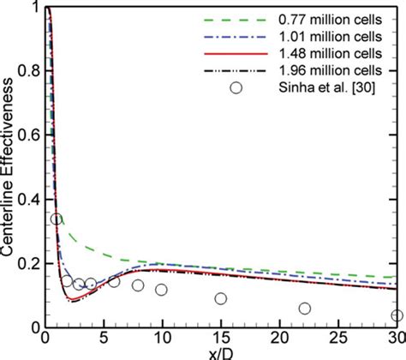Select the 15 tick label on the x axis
point(220,337)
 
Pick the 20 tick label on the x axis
point(279,337)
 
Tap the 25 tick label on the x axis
point(337,337)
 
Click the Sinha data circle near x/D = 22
point(305,309)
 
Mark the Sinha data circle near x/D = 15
point(221,298)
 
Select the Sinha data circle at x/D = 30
point(396,315)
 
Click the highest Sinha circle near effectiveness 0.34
point(57,219)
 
